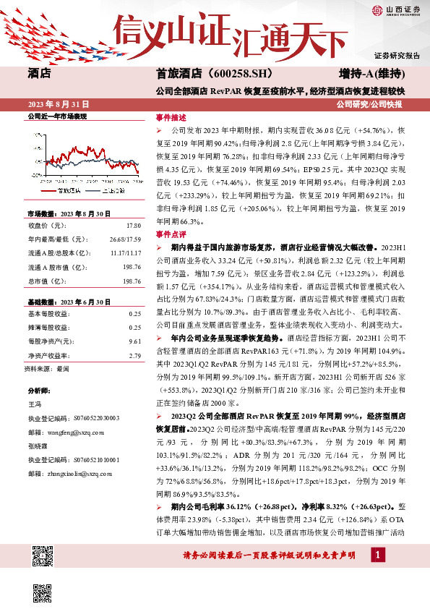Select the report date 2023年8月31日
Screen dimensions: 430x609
coord(61,105)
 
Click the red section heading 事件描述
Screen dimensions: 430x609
coord(171,116)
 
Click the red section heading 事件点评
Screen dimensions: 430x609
coord(171,235)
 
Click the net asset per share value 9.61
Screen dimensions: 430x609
coord(134,341)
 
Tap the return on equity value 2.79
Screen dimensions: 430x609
coord(134,354)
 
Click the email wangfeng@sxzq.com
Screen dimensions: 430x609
coord(74,432)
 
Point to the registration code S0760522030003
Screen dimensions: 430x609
coord(94,419)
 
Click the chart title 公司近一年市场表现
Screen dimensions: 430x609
coord(56,116)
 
